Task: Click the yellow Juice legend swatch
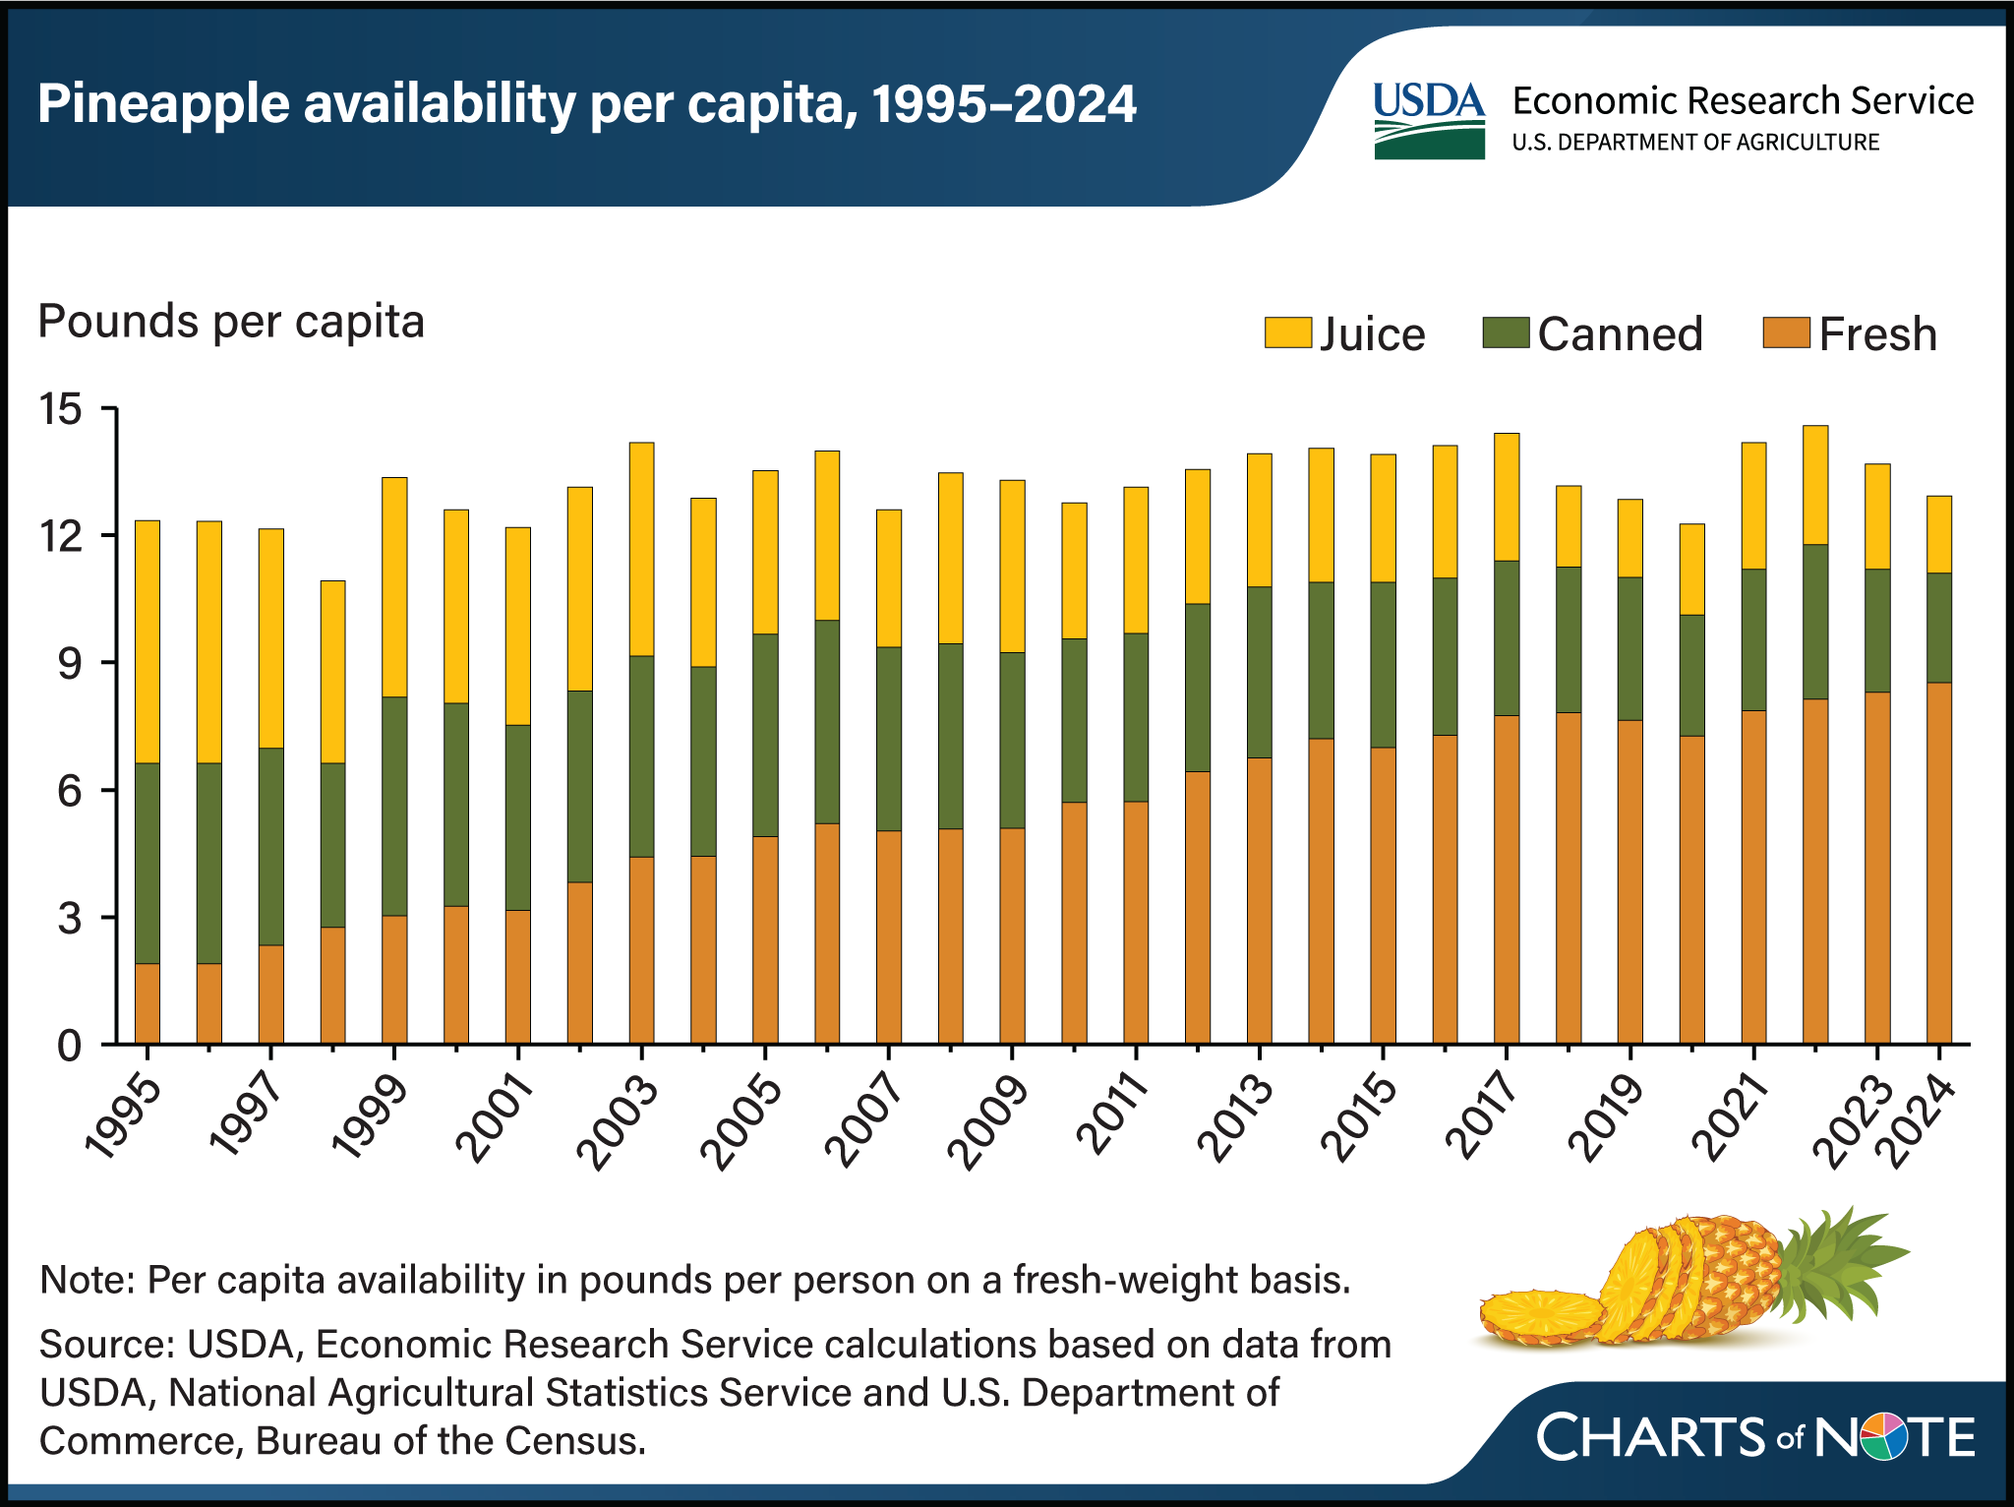[x=1287, y=332]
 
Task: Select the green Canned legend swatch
[x=1506, y=332]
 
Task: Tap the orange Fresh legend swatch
[x=1786, y=332]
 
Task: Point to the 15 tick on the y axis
[x=61, y=408]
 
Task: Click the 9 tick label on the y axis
[x=69, y=664]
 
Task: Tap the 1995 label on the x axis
[x=124, y=1121]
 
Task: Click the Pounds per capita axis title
[x=231, y=322]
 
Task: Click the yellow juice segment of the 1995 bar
[x=148, y=641]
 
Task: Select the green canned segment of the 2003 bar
[x=641, y=755]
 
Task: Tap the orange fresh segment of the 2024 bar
[x=1938, y=863]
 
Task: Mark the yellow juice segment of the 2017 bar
[x=1507, y=497]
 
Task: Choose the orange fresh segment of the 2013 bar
[x=1259, y=900]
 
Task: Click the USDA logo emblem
[x=1429, y=120]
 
